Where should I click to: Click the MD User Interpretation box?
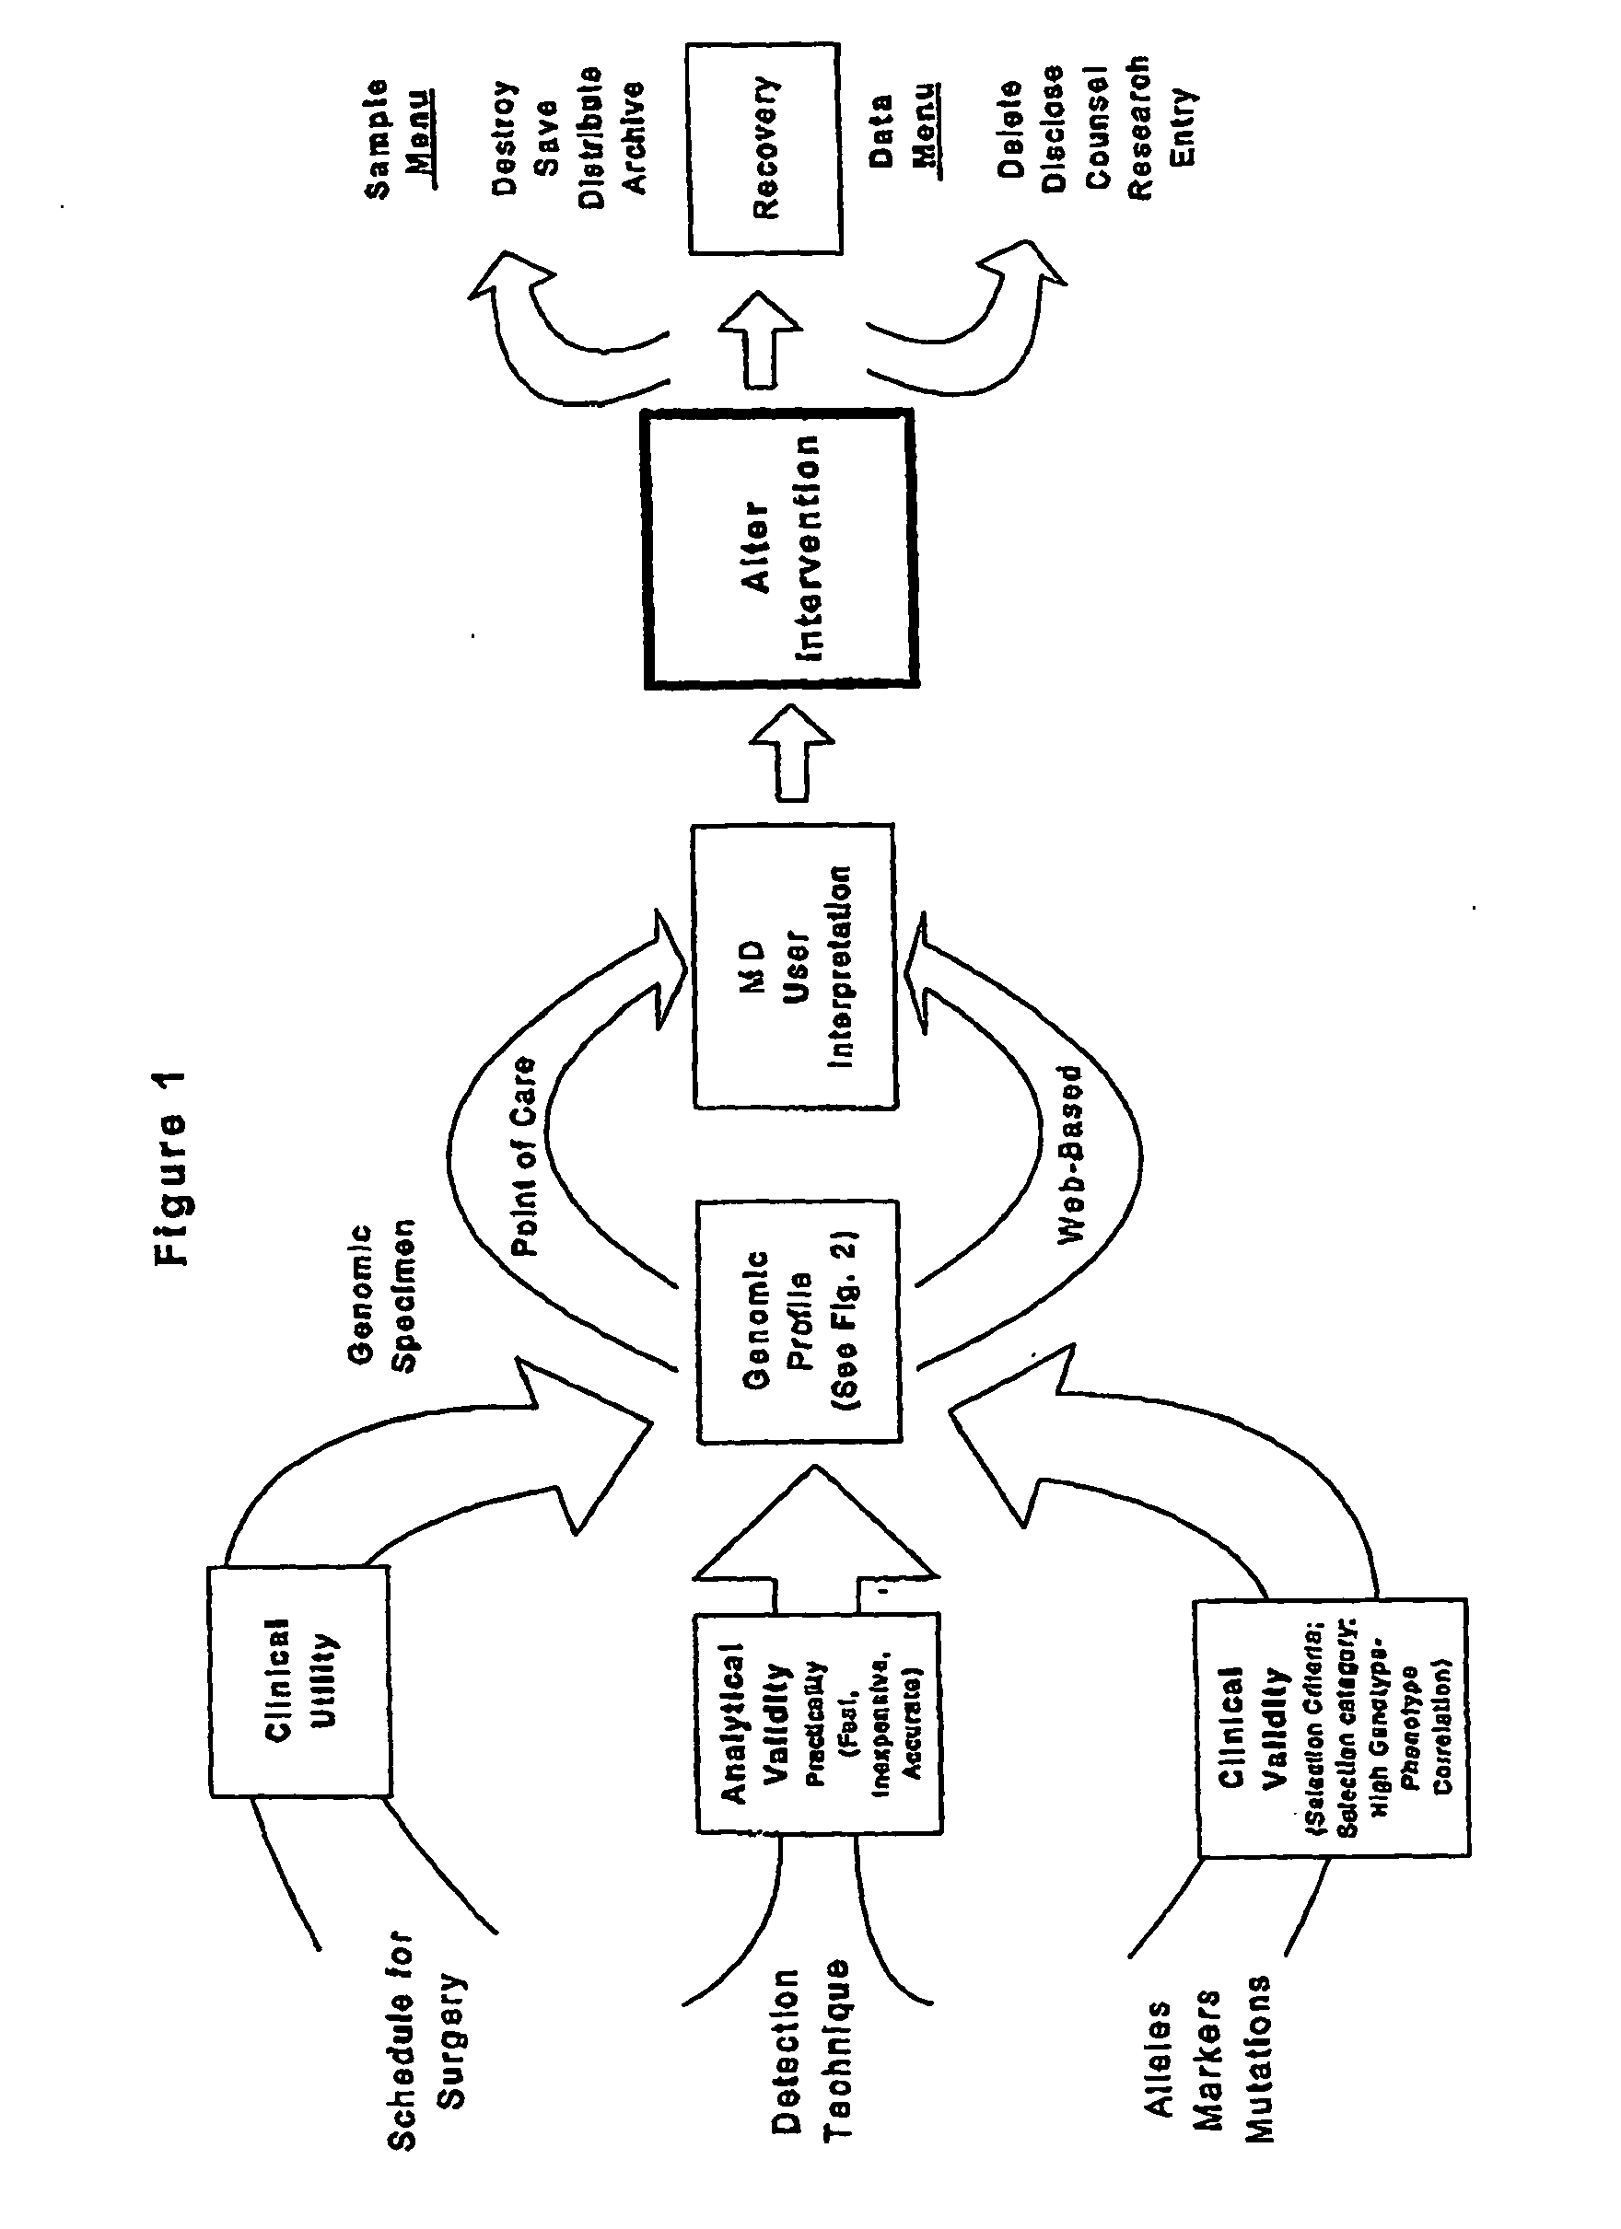pyautogui.click(x=794, y=966)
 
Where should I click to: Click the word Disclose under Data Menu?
pyautogui.click(x=1053, y=128)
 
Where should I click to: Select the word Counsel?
pyautogui.click(x=1095, y=128)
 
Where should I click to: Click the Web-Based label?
pyautogui.click(x=1068, y=1155)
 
